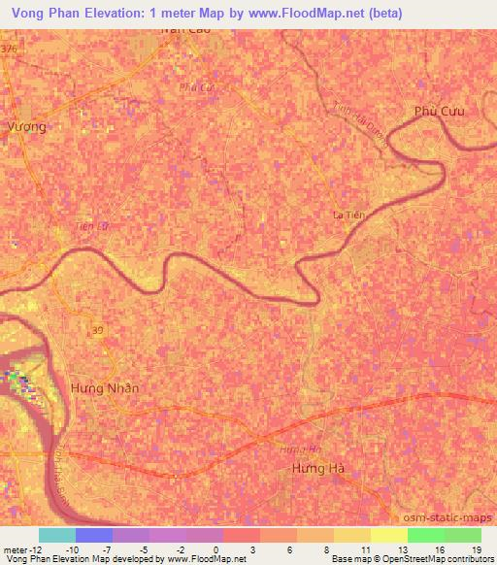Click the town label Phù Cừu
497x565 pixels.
[439, 111]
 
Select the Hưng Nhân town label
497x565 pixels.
[105, 387]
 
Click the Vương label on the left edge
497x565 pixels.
[26, 126]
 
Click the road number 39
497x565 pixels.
[98, 332]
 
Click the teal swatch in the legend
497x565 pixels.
[57, 535]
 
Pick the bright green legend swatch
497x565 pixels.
[425, 535]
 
